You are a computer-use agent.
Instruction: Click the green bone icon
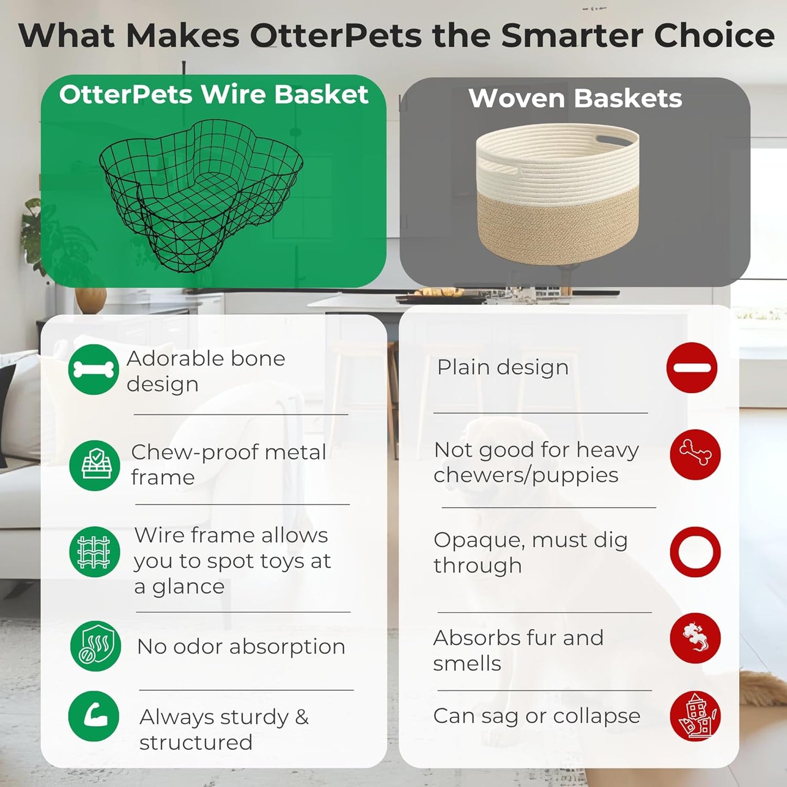pos(94,369)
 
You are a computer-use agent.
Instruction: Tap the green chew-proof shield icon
pos(95,466)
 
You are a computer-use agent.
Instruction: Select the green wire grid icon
pos(95,552)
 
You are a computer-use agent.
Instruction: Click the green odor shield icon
pos(95,646)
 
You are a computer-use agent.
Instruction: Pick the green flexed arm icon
pos(94,716)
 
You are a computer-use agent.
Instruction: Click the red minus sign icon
pos(692,368)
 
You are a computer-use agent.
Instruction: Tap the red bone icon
pos(695,454)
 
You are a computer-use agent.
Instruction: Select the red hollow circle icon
pos(695,552)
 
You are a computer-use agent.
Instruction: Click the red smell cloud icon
pos(695,638)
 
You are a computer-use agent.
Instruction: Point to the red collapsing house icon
pos(695,716)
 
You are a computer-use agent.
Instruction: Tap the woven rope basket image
pos(557,193)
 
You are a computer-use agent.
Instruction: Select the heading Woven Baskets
pos(575,99)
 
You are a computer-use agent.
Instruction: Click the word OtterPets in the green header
pos(126,94)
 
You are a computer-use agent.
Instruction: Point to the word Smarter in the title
pos(573,35)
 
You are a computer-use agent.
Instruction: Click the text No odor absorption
pos(241,646)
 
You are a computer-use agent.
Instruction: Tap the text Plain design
pos(503,367)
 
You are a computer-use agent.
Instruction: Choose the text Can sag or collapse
pos(536,716)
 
